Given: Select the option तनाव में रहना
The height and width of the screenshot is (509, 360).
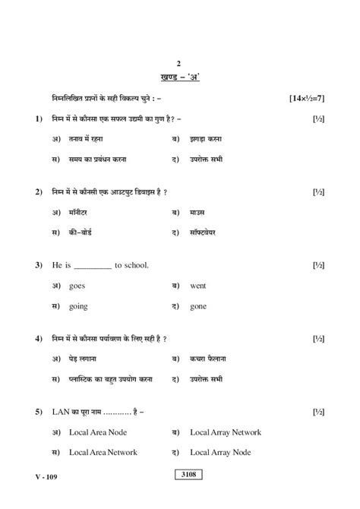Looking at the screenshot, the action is coord(86,140).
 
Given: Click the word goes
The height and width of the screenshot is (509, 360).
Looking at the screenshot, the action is coord(77,286).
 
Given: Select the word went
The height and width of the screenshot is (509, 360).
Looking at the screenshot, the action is coord(198,286).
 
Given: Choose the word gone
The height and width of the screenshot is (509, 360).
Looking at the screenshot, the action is coord(199,306).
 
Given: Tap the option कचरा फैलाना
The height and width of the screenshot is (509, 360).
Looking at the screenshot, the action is coord(208,358).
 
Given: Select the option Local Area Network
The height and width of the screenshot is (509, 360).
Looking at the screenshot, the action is coord(103,452).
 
